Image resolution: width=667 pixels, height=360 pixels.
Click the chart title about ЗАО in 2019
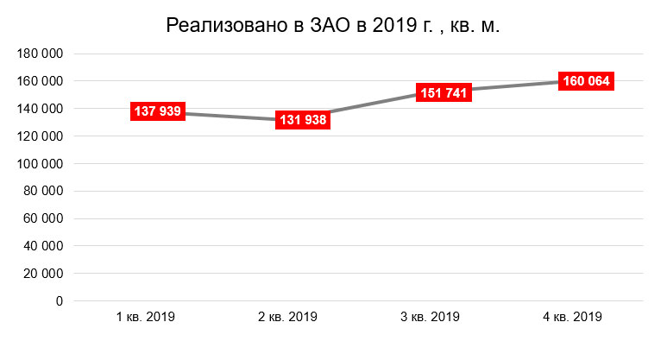click(333, 27)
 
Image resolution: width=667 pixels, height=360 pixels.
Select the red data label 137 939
click(158, 111)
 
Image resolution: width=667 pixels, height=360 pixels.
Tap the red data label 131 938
click(302, 120)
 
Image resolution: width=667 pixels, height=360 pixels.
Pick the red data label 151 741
click(445, 93)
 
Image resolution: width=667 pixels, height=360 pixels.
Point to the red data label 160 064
click(586, 81)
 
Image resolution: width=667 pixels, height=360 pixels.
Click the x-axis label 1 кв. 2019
click(146, 317)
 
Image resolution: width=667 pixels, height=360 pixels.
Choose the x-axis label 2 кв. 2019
click(287, 317)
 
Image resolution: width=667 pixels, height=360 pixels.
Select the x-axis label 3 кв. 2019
click(430, 317)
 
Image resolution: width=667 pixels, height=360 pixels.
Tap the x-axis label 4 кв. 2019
click(572, 317)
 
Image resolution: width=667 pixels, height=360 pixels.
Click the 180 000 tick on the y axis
click(40, 54)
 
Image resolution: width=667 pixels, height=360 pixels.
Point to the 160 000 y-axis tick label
click(40, 81)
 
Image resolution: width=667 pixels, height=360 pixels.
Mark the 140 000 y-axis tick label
click(40, 109)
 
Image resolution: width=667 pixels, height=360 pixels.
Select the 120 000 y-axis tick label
click(40, 136)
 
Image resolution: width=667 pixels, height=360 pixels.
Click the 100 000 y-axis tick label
click(40, 164)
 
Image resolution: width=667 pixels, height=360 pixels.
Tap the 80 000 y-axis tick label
click(43, 191)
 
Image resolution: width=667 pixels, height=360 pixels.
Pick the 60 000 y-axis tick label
click(43, 218)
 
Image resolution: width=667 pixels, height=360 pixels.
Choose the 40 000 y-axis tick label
click(43, 246)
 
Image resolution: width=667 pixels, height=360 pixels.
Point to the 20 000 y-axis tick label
click(43, 274)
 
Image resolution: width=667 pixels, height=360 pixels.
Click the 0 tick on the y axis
click(59, 301)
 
